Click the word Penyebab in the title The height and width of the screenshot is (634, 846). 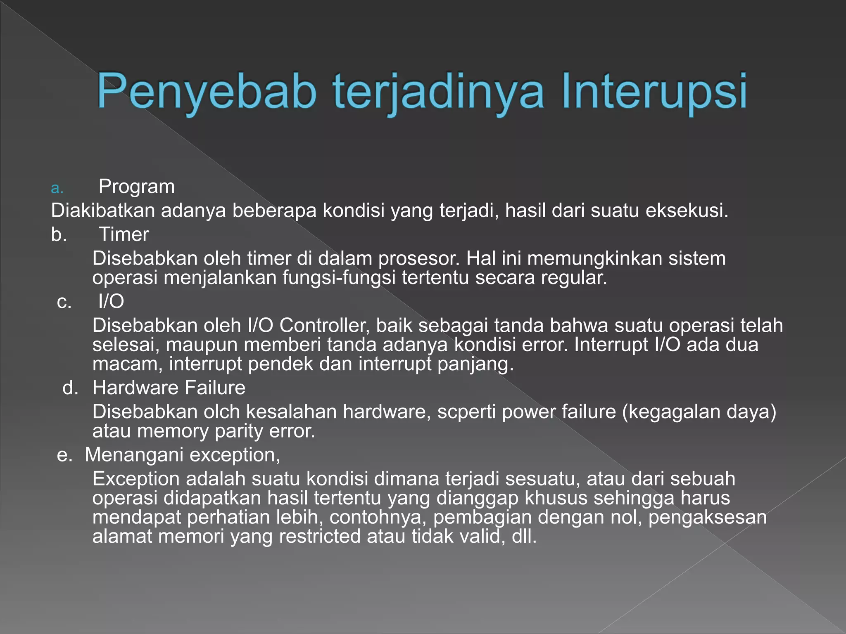[x=207, y=92]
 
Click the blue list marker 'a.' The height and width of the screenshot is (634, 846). [x=57, y=188]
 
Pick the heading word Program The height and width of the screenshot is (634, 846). [x=137, y=187]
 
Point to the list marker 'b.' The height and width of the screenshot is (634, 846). [x=59, y=234]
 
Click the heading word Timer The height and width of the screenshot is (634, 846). [x=124, y=234]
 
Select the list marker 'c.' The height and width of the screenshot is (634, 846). [x=64, y=302]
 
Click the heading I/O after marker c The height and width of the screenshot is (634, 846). [x=111, y=301]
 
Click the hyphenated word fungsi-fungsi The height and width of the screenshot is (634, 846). [x=339, y=278]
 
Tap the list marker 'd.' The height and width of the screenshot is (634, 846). [x=70, y=388]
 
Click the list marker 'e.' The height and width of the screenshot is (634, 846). [x=64, y=455]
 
